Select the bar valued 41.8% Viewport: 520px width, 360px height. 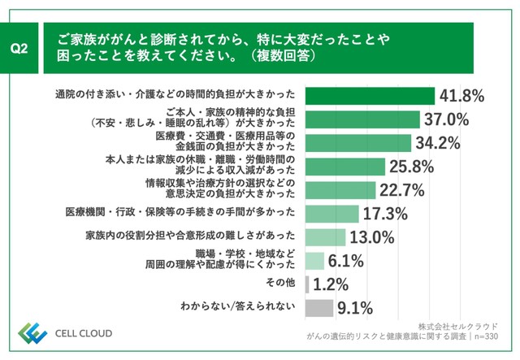point(370,96)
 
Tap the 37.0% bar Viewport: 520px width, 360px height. point(362,119)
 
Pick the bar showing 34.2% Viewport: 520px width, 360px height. point(357,143)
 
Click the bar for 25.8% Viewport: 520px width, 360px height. point(344,167)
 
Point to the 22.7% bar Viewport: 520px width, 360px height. point(340,190)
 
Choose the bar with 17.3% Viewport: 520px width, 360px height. point(331,214)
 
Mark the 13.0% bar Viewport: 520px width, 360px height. point(325,237)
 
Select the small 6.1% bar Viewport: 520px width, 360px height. point(314,261)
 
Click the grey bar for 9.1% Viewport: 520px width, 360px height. point(318,308)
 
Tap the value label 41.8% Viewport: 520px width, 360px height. point(461,96)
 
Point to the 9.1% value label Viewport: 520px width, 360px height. point(355,308)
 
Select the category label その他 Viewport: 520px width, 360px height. point(282,284)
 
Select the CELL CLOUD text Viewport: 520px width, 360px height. point(84,333)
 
